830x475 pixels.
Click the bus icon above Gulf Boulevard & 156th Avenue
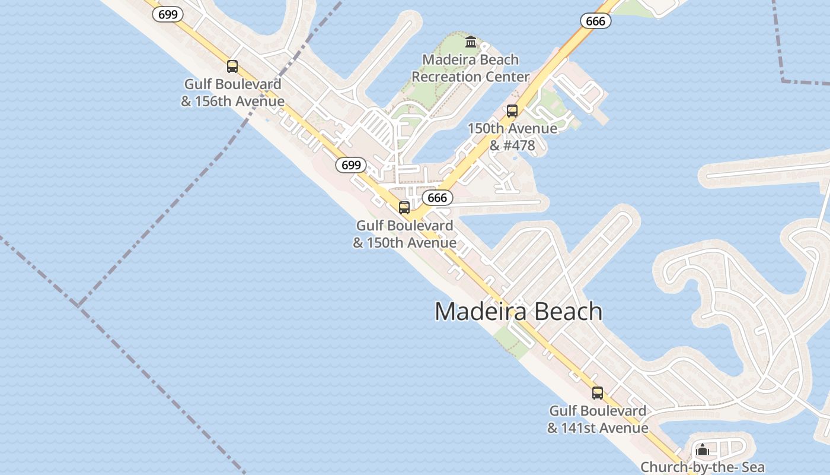click(x=232, y=66)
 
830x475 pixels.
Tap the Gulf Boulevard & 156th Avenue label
click(x=233, y=93)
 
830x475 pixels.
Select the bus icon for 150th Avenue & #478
click(x=512, y=111)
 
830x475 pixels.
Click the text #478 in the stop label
click(x=520, y=145)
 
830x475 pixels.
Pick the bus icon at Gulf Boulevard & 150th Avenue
click(x=404, y=208)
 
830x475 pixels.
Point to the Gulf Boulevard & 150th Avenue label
click(x=404, y=234)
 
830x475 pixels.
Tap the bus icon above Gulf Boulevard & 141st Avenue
click(x=598, y=393)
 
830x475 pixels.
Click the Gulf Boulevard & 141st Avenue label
click(x=598, y=419)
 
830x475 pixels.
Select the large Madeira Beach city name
click(x=518, y=312)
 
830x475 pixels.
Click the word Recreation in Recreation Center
click(x=446, y=77)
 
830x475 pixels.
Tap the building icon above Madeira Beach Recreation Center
click(x=471, y=42)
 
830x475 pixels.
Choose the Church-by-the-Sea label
click(x=703, y=467)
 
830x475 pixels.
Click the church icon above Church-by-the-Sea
click(x=703, y=449)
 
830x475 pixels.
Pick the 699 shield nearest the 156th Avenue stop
click(x=168, y=14)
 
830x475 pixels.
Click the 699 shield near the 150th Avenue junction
click(x=351, y=164)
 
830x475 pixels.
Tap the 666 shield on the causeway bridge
click(x=595, y=21)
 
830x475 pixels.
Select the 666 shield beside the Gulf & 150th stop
click(x=438, y=198)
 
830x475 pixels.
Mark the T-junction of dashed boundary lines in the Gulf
click(x=78, y=306)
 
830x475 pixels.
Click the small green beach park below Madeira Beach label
click(x=511, y=342)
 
